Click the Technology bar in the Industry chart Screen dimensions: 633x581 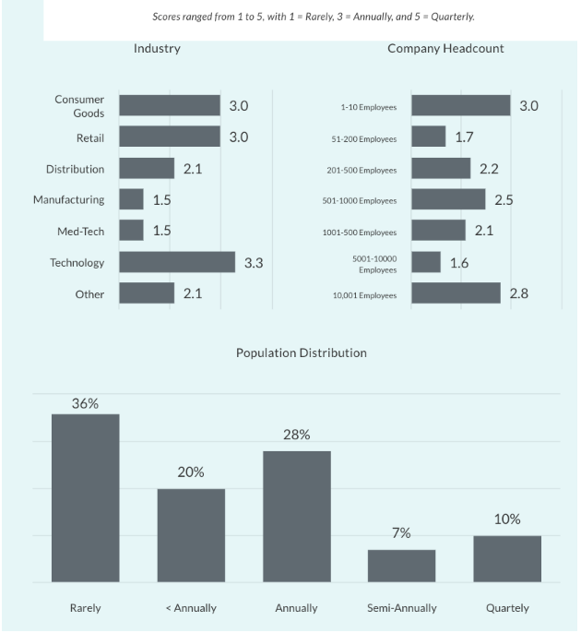[x=177, y=262]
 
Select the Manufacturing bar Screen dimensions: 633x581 [x=131, y=199]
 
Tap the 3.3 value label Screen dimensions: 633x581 [x=254, y=263]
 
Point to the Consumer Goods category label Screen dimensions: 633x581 [x=79, y=106]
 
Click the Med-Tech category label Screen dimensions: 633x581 [x=81, y=231]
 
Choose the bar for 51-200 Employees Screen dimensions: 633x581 [x=428, y=137]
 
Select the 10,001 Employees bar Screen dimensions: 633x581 [x=456, y=294]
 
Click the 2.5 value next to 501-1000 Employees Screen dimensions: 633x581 [x=504, y=199]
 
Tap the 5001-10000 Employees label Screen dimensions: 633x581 [x=374, y=264]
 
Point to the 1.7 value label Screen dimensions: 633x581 [x=465, y=137]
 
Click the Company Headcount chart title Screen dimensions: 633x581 [x=445, y=48]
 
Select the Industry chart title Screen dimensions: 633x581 [x=157, y=48]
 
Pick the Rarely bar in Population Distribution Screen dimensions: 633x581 [x=85, y=498]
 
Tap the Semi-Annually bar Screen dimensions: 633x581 [x=401, y=566]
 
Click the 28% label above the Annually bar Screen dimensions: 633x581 [x=296, y=435]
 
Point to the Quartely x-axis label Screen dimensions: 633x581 [x=507, y=608]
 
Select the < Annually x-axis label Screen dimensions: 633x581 [x=191, y=608]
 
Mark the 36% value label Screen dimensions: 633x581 [x=85, y=403]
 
